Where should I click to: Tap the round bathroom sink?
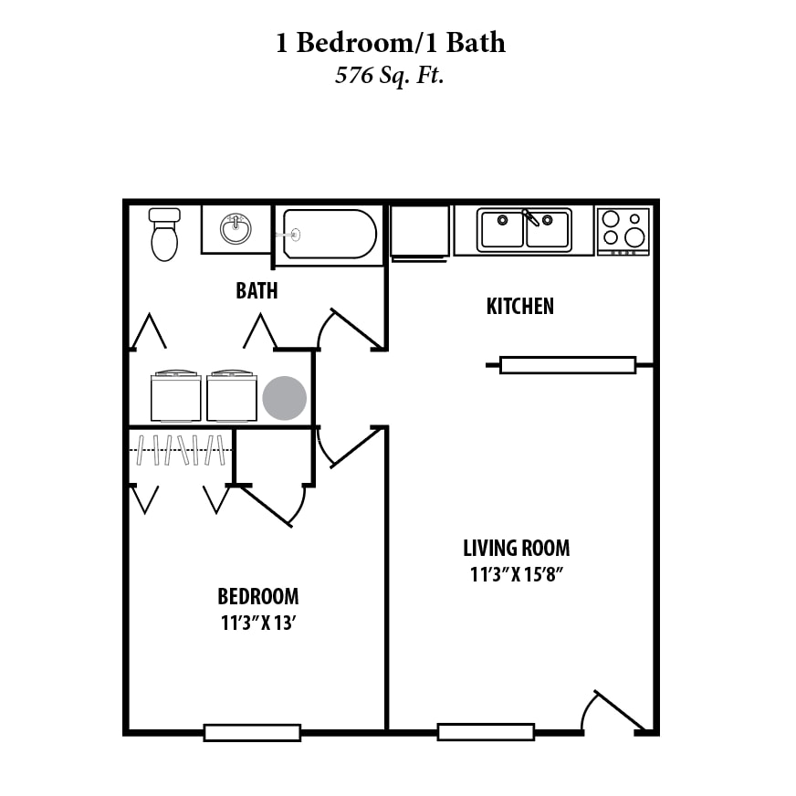(x=236, y=228)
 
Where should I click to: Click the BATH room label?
(x=257, y=291)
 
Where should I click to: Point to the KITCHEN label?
(x=519, y=306)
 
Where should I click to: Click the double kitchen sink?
(x=525, y=229)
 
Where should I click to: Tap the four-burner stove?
(x=623, y=231)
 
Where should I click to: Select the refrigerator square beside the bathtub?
(x=420, y=231)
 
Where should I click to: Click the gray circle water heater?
(x=285, y=398)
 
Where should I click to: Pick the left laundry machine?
(x=175, y=396)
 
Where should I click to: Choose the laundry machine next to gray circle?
(x=232, y=396)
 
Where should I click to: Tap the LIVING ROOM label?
(x=516, y=549)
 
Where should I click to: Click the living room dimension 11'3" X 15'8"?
(x=516, y=575)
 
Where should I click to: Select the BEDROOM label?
(x=257, y=597)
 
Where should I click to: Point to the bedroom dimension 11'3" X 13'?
(x=257, y=623)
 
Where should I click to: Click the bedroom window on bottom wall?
(x=252, y=732)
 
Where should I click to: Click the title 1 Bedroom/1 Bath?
(x=390, y=42)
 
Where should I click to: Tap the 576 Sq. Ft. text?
(x=390, y=75)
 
